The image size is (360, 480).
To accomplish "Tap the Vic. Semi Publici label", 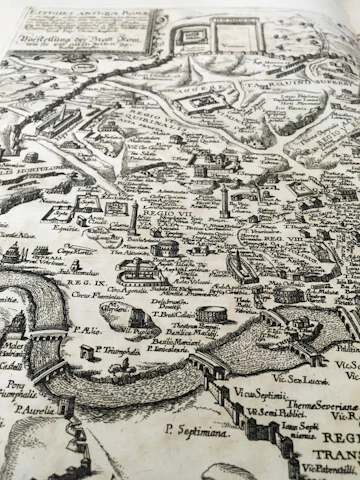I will (x=276, y=411).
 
